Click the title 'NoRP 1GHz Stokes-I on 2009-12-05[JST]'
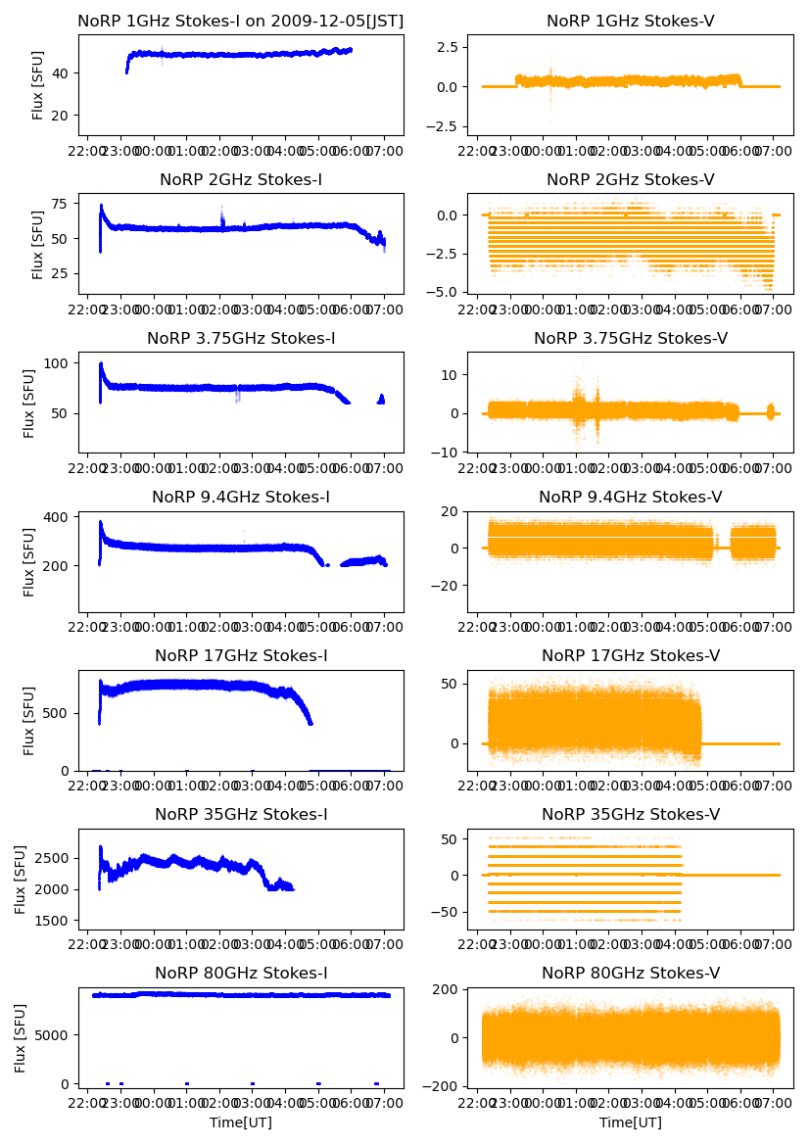(x=240, y=21)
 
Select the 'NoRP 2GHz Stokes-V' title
(x=630, y=179)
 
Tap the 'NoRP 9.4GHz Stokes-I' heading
(x=240, y=498)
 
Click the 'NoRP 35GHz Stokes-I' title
(x=240, y=815)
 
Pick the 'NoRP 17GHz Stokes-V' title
(x=630, y=656)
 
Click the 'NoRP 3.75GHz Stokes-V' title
(x=630, y=339)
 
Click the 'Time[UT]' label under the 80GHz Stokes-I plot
(x=240, y=1122)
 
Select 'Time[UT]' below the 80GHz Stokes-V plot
(x=630, y=1122)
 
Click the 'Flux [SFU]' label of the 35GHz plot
(x=22, y=879)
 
